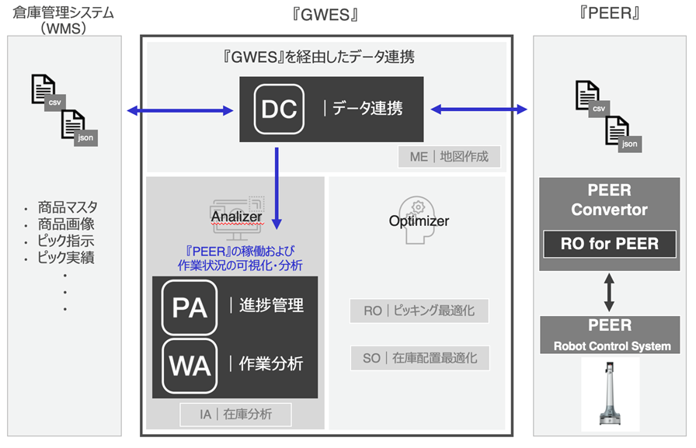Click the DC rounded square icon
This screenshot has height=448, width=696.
coord(279,109)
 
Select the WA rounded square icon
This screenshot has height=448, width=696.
coord(189,363)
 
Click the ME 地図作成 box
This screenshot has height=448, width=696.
coord(449,157)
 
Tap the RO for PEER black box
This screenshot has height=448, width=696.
coord(609,244)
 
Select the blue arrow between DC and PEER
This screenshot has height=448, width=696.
coord(478,110)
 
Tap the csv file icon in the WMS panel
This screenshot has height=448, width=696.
coord(47,92)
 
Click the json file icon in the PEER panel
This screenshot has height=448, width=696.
coord(621,132)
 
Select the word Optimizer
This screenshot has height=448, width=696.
coord(419,221)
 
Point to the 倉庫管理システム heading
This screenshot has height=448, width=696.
coord(63,13)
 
